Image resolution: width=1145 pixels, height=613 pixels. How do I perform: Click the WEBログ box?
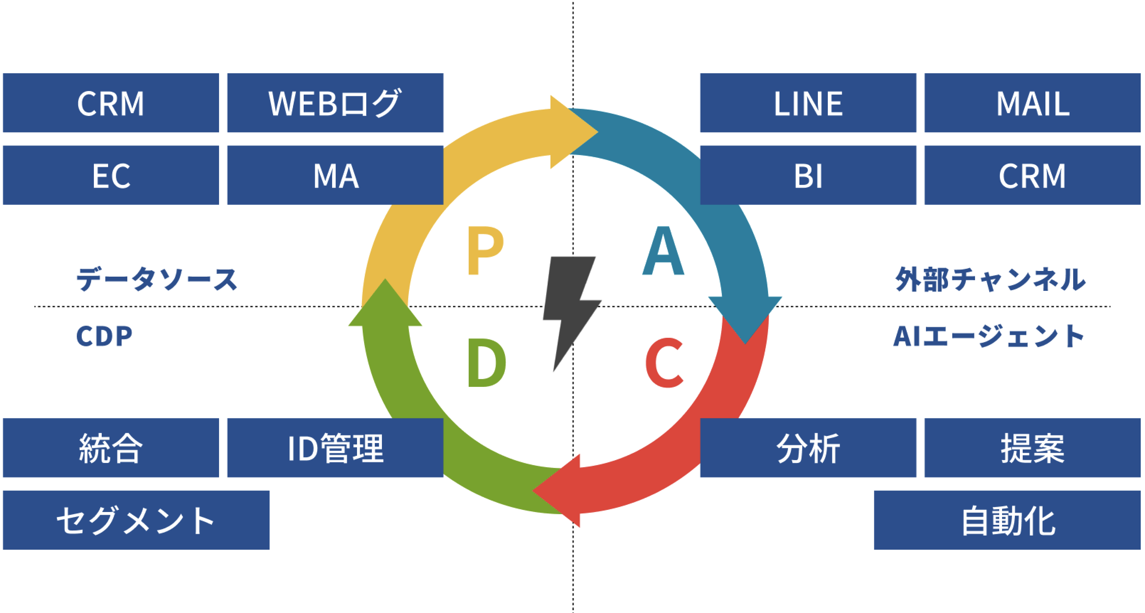pos(335,103)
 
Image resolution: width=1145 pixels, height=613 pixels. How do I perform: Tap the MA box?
pos(335,175)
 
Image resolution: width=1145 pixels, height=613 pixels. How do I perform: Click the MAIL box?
pos(1032,103)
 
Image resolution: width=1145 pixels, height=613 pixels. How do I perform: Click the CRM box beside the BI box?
pos(1032,175)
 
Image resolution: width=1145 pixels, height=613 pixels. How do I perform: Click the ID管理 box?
pos(335,448)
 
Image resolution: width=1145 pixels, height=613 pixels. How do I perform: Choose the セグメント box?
pos(136,520)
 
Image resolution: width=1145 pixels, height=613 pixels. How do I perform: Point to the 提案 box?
pos(1032,448)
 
